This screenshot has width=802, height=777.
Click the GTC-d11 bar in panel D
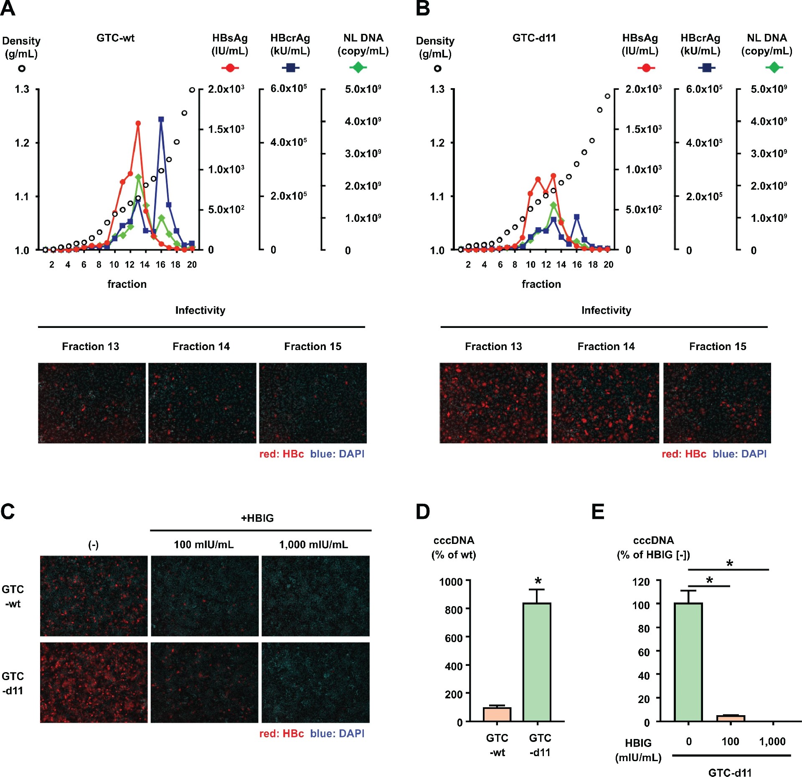coord(537,662)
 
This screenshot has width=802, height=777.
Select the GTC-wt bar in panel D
coord(497,714)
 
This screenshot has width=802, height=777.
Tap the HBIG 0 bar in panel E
coord(688,662)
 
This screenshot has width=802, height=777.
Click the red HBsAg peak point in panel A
coord(138,123)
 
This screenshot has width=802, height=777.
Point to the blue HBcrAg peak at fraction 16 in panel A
coord(161,119)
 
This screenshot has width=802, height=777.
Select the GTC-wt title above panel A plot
coord(115,38)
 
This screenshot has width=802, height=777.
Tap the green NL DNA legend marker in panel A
coord(358,67)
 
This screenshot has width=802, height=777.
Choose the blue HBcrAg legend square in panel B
coord(706,67)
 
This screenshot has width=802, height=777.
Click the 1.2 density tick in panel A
coord(22,143)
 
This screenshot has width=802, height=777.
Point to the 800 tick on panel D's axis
coord(454,610)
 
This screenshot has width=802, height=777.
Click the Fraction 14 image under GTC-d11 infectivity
coord(605,403)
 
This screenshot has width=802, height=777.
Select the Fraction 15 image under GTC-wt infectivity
coord(313,403)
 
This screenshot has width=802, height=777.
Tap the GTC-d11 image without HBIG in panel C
coord(94,683)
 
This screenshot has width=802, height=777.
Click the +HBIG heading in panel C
coord(257,518)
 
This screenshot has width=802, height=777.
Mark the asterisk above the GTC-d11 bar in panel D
coord(538,581)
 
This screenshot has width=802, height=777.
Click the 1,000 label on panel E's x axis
coord(772,741)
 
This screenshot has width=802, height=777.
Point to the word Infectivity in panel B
coord(606,310)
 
